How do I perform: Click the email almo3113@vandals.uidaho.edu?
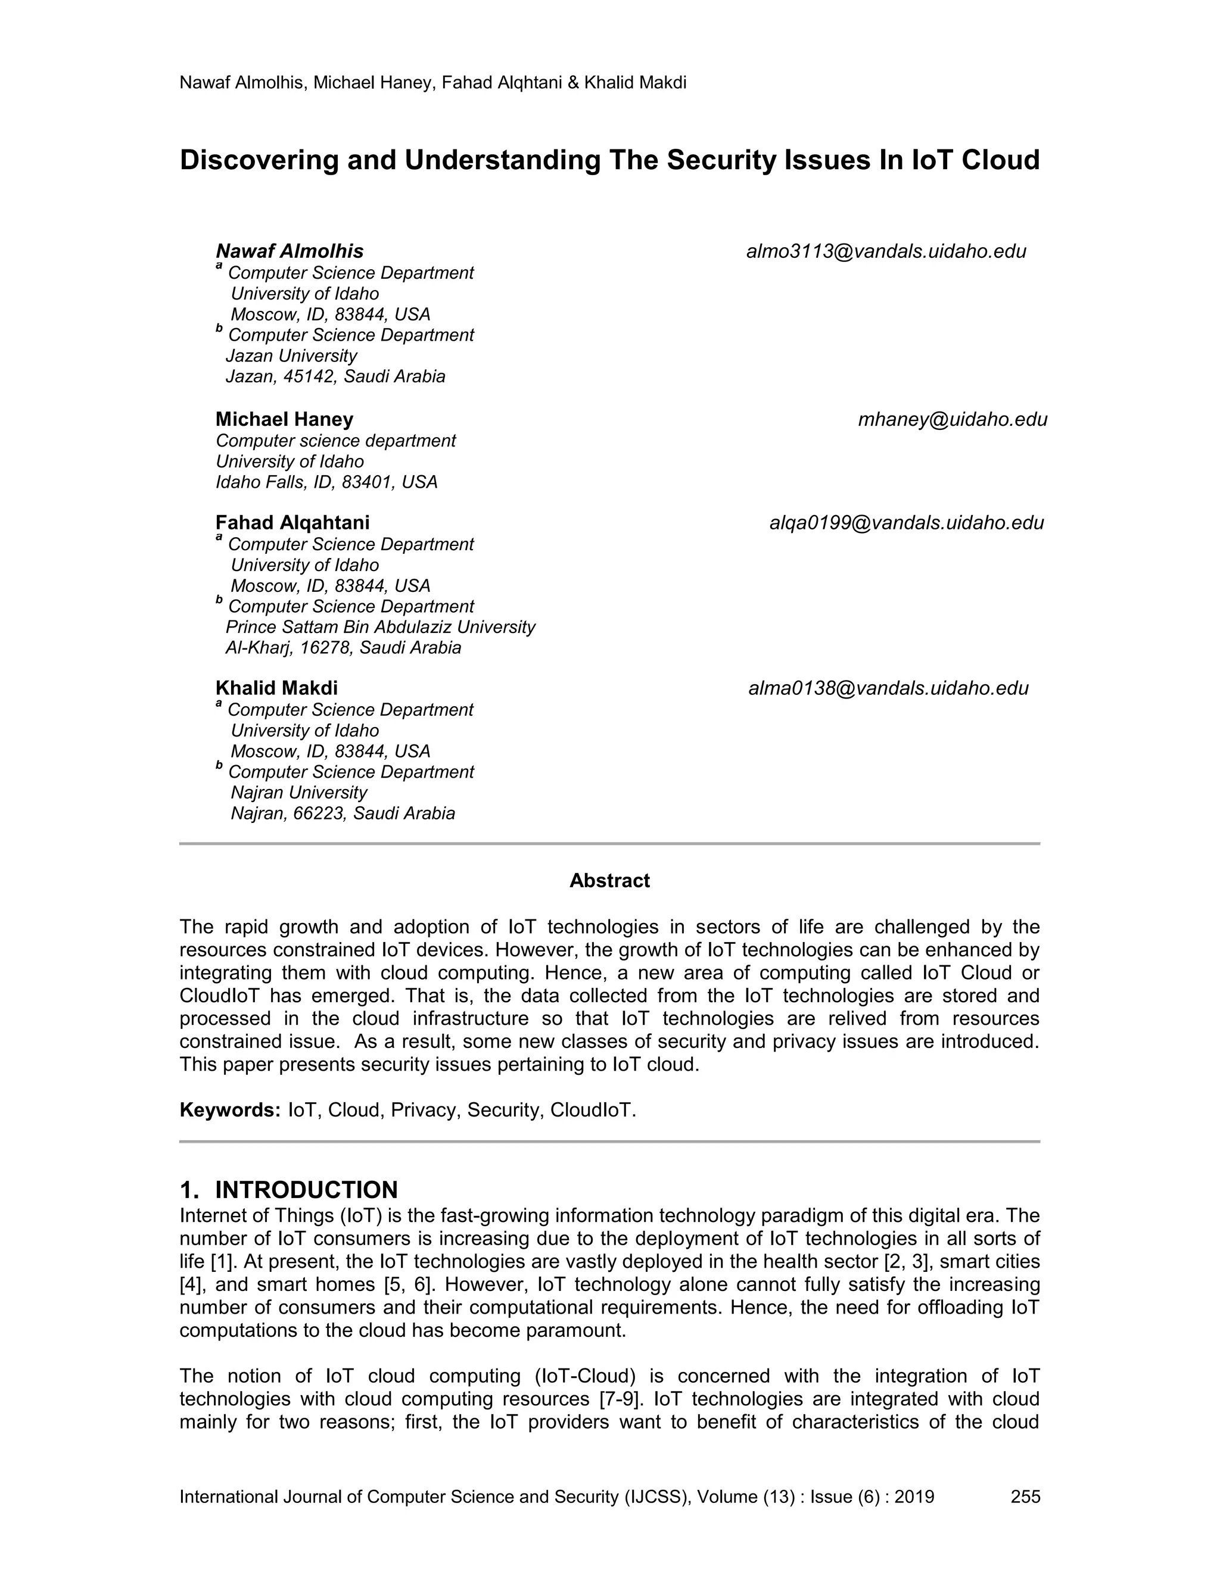coord(886,251)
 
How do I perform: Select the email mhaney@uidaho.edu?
coord(953,420)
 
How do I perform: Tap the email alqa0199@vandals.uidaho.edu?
coord(906,523)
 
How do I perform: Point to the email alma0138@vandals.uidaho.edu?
coord(888,688)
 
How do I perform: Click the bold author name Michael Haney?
coord(284,420)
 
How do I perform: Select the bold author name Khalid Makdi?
coord(276,688)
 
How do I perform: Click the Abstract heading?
coord(609,881)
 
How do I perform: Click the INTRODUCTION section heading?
coord(306,1190)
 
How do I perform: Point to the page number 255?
coord(1025,1497)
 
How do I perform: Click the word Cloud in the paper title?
coord(1000,160)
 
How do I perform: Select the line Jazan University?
coord(291,356)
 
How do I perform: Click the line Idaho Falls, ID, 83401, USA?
coord(326,483)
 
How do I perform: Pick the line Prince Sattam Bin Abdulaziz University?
coord(380,627)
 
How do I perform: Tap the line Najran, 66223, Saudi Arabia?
coord(343,813)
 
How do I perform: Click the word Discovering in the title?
coord(259,160)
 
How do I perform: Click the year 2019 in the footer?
coord(914,1497)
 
